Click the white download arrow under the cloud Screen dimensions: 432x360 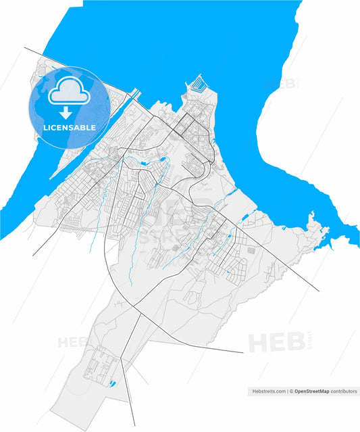[x=65, y=112]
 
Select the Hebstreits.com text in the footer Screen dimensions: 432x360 [x=266, y=391]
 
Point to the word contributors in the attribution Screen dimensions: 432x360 [x=344, y=391]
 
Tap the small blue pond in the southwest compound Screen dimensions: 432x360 [x=111, y=383]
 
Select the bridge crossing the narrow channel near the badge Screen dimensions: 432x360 [x=136, y=93]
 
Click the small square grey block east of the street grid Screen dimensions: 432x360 [x=251, y=251]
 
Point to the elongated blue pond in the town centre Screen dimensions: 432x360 [x=162, y=162]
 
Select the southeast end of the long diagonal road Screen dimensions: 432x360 [x=318, y=291]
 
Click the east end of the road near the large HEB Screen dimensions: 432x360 [x=242, y=353]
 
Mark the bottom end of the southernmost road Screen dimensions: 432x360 [x=134, y=424]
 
